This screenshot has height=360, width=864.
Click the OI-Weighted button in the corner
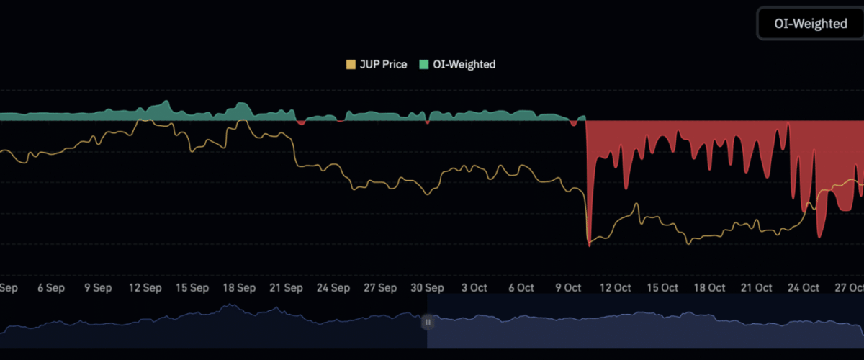tap(810, 24)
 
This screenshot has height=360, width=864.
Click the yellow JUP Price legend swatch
tap(351, 65)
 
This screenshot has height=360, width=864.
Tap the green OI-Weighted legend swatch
tap(423, 65)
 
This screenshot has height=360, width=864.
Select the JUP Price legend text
tap(383, 65)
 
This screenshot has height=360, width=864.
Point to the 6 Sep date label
tap(50, 287)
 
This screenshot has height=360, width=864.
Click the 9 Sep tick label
tap(98, 287)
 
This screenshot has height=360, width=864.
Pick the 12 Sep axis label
tap(145, 287)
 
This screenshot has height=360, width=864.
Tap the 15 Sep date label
tap(192, 287)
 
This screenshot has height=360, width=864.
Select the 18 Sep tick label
tap(239, 287)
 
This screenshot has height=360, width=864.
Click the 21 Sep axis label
tap(286, 287)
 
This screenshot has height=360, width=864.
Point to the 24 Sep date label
tap(333, 287)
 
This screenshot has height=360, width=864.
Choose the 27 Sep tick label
tap(380, 287)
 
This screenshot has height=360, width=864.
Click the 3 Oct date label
tap(474, 287)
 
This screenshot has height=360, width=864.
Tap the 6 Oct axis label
tap(521, 287)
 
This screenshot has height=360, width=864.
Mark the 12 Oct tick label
tap(616, 287)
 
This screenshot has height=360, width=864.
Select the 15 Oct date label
tap(662, 287)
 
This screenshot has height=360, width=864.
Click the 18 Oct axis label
tap(709, 287)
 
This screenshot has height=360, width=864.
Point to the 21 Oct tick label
tap(757, 287)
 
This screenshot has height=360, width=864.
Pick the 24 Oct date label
tap(804, 287)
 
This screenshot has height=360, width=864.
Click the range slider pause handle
tap(428, 322)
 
